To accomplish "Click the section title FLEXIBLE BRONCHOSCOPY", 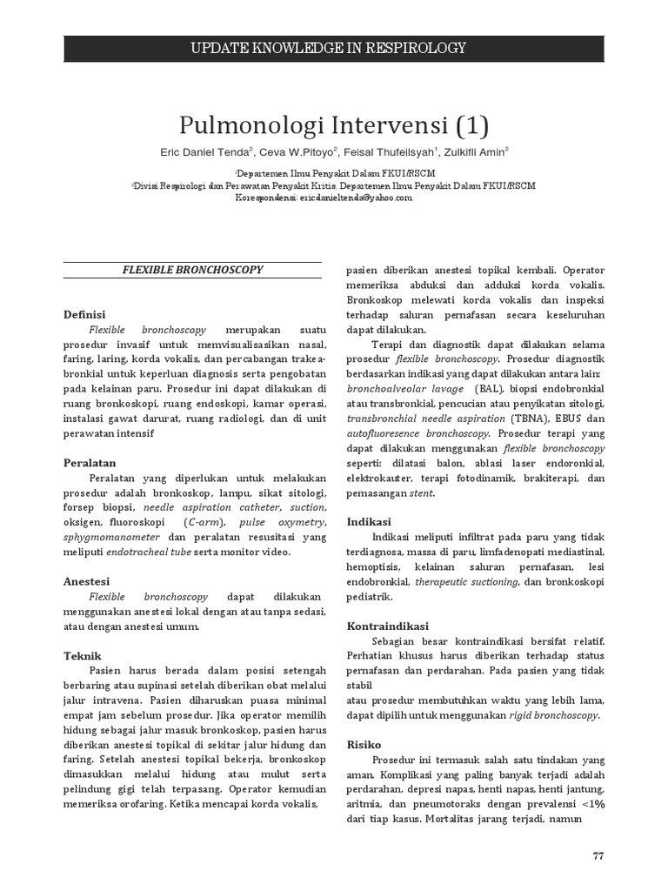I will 192,270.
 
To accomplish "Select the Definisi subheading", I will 85,314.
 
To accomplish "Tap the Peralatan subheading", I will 90,463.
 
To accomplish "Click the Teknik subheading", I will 83,655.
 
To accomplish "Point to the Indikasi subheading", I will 370,521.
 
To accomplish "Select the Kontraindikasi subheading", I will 387,626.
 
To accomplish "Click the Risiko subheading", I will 364,745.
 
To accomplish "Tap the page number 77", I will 598,855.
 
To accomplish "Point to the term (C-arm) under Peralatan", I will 204,522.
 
